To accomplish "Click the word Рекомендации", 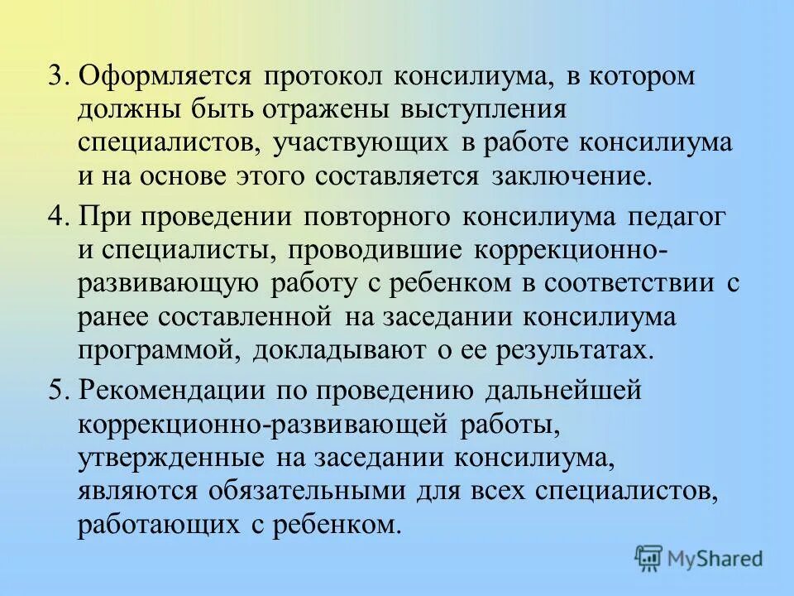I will point(172,391).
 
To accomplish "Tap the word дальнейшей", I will point(569,391).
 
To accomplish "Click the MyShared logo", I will point(699,557).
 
